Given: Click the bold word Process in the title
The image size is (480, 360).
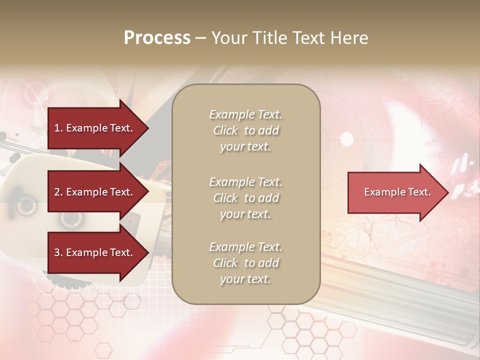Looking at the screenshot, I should coord(157,38).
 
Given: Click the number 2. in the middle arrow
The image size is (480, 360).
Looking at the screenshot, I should coord(58,192).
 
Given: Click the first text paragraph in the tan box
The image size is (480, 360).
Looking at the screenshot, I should coord(245,130).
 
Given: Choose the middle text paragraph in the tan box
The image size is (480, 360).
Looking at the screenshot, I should coord(245,198).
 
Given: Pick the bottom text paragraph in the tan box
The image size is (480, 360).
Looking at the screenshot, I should coord(245,263).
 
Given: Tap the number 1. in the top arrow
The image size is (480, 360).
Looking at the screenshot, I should coord(58,128).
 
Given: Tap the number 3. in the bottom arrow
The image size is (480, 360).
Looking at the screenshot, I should coord(58,252).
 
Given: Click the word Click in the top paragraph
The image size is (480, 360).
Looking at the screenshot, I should coord(225,130).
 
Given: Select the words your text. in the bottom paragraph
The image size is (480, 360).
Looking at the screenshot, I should coord(245,279).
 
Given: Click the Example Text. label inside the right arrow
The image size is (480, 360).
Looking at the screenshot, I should coord(397,192).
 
